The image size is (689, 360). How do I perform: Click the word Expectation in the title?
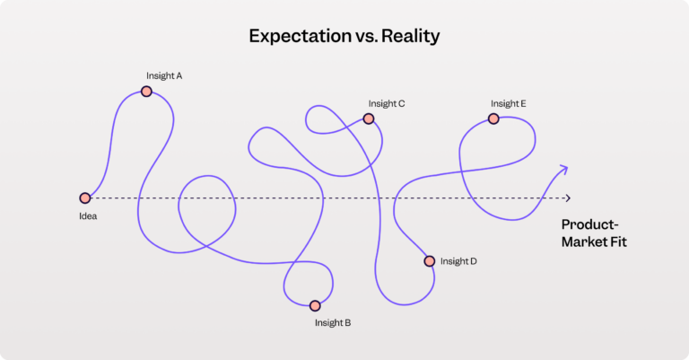point(300,37)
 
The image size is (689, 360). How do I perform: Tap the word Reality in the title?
point(410,37)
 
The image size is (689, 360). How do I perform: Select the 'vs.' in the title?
point(366,37)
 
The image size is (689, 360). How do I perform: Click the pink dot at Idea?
point(85,198)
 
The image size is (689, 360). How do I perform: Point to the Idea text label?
point(88,216)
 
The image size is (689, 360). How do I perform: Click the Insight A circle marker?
point(146,92)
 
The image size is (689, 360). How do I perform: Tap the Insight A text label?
point(164,76)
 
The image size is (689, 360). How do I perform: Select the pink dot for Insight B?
point(315,305)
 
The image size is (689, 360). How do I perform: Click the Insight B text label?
point(333,323)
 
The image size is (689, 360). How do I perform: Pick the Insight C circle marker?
point(369,119)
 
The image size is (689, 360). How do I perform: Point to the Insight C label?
point(387,104)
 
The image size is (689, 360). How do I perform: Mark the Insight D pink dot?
point(430,261)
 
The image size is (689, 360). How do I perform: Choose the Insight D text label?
point(458,261)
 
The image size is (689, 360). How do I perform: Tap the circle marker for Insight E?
point(493,119)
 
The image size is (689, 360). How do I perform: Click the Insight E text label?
point(509,104)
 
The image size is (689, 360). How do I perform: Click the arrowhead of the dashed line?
point(568,198)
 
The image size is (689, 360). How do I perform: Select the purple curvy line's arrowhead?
point(563,170)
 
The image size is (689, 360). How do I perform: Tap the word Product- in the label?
point(589,224)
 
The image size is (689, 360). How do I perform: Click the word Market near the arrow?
point(584,241)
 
